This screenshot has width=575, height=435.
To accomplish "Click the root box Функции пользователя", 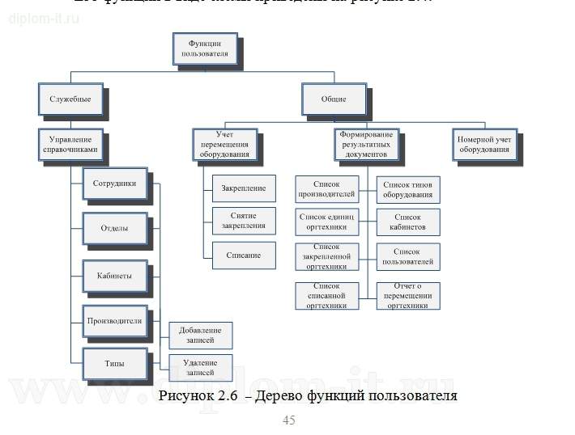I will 203,48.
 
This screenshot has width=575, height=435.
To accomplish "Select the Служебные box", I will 70,99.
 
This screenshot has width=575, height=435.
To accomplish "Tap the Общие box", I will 334,99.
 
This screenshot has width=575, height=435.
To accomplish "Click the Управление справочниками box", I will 72,144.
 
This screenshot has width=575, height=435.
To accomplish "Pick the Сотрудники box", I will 115,184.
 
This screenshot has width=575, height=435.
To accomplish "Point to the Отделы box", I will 114,228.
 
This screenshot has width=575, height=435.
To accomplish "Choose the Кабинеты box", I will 115,276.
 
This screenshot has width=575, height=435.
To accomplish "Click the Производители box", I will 114,320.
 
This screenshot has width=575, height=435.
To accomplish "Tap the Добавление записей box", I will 199,335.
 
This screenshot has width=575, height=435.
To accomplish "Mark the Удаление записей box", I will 199,368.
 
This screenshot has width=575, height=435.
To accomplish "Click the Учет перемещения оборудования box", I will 225,143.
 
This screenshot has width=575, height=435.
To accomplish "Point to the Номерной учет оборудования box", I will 484,144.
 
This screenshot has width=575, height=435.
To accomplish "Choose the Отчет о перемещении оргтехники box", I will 407,296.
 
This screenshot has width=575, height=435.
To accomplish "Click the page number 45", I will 288,420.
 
